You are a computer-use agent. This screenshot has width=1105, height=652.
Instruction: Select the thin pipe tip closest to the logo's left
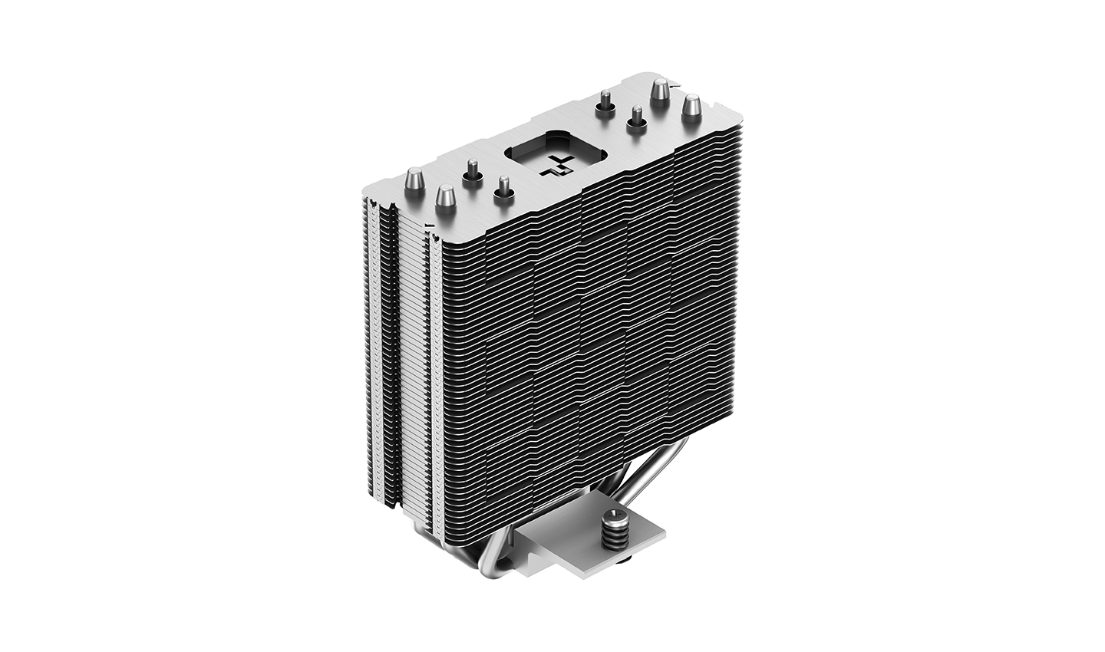pos(503,188)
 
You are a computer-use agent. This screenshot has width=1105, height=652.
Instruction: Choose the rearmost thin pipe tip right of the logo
pos(605,100)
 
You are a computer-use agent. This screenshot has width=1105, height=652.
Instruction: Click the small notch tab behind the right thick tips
pos(675,83)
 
